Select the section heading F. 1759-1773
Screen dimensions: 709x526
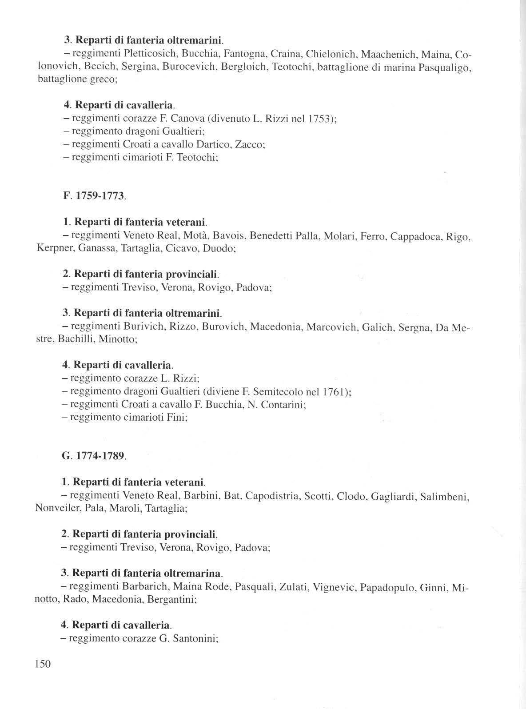click(x=94, y=196)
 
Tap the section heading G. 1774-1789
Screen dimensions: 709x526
click(x=94, y=456)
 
